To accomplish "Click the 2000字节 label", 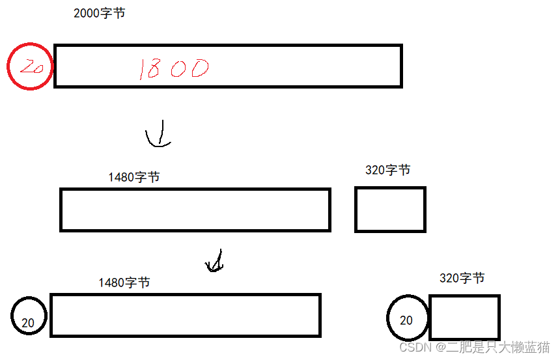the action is (99, 14).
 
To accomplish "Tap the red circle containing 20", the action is (30, 66).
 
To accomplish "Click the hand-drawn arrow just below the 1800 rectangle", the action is (158, 135).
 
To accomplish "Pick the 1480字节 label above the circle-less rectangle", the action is (133, 177).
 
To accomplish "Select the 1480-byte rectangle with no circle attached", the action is (195, 210).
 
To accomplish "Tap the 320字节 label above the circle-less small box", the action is (387, 171).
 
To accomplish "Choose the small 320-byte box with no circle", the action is (390, 210).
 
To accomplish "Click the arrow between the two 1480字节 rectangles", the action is (214, 261).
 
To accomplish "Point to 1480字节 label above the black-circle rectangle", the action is (124, 283).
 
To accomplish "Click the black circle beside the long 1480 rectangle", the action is (29, 316).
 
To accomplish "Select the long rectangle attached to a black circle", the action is (186, 316).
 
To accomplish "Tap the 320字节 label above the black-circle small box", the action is (462, 278).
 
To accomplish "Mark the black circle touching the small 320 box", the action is (408, 320).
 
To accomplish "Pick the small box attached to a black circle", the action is (464, 317).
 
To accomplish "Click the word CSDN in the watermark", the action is (412, 348).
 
